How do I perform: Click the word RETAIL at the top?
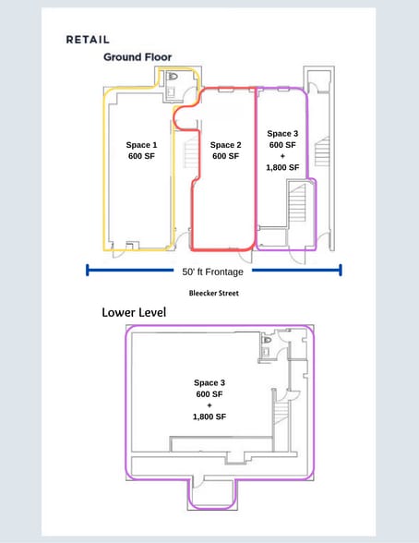point(88,40)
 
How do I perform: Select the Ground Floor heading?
point(136,57)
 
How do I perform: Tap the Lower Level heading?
point(136,313)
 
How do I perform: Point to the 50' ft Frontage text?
point(213,271)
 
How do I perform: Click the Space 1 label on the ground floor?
point(142,145)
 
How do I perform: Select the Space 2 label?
point(225,145)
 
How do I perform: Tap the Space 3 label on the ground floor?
point(283,134)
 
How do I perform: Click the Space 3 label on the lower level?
point(209,382)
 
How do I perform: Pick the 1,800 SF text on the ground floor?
point(283,167)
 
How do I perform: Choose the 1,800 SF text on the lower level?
point(209,416)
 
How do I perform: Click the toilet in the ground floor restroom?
point(173,77)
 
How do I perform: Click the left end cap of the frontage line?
point(87,271)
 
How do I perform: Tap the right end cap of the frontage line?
point(341,271)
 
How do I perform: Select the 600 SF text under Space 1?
point(142,156)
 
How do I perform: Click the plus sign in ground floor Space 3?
point(283,156)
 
